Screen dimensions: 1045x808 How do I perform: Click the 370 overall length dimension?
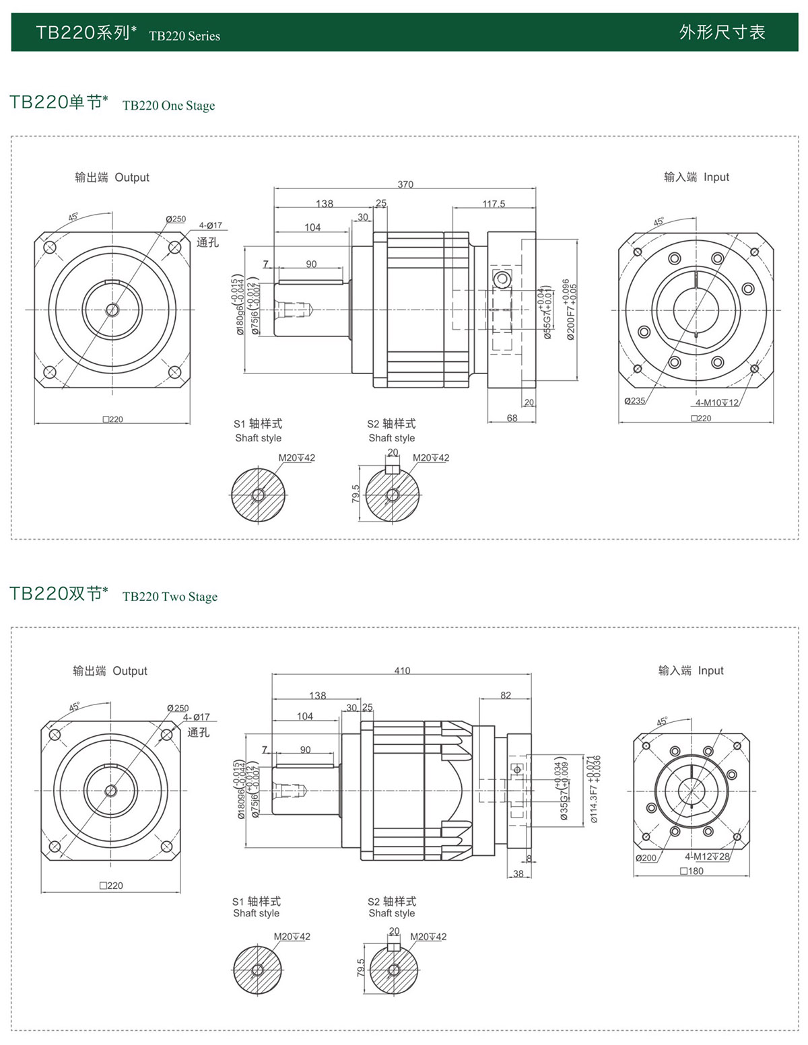(405, 184)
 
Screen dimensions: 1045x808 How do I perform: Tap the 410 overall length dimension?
(402, 670)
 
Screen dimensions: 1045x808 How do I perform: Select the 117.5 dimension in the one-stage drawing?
(494, 204)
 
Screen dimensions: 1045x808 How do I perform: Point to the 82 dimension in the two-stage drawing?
(506, 695)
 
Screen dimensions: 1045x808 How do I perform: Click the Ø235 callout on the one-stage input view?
(634, 401)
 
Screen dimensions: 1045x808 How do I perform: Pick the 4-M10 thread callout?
(717, 402)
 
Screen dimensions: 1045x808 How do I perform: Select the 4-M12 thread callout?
(707, 857)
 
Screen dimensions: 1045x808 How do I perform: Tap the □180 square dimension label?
(692, 871)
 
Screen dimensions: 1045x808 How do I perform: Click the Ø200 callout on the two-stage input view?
(646, 858)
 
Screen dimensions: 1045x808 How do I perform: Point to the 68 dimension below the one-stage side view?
(512, 418)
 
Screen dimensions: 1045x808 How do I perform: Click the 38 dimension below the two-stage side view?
(518, 873)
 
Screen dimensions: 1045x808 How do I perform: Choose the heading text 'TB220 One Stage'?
(168, 106)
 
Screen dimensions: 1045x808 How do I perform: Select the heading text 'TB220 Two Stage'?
(170, 597)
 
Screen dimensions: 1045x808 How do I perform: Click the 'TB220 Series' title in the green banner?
(184, 36)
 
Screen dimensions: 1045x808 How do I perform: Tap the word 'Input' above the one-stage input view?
(716, 177)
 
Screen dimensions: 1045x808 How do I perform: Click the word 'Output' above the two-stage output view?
(130, 671)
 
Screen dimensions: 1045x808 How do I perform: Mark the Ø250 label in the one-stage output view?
(176, 219)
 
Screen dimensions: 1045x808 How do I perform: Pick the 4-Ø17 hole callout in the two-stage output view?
(197, 717)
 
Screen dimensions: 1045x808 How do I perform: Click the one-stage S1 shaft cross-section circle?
(258, 495)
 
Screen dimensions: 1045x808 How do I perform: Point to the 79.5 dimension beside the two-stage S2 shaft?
(361, 968)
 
